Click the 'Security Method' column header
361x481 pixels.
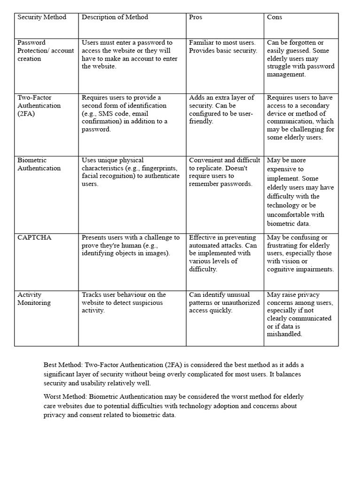coord(42,17)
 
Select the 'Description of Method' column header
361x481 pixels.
coord(115,17)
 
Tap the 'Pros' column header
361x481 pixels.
coord(196,17)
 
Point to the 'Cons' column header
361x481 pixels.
coord(275,17)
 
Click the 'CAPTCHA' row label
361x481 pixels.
coord(34,238)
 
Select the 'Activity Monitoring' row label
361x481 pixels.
coord(34,299)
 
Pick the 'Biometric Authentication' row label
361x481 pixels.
coord(39,164)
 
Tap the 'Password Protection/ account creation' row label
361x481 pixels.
coord(46,51)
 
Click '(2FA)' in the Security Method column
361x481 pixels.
coord(26,114)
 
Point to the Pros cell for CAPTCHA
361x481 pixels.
coord(223,254)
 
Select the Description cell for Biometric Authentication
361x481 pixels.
coord(130,172)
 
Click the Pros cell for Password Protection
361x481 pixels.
coord(223,47)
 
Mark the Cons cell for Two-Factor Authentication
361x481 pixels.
coord(300,117)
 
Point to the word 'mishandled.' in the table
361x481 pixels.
coord(284,334)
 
